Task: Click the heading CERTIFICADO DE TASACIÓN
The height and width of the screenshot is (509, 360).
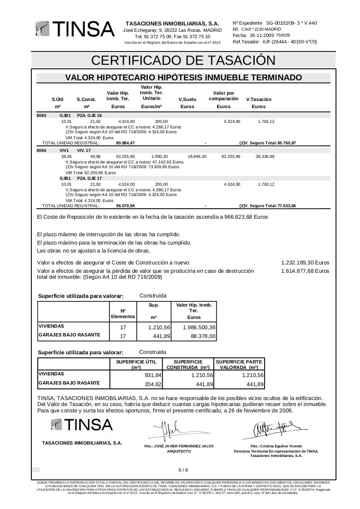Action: (x=183, y=60)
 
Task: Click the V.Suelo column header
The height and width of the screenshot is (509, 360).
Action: (x=187, y=99)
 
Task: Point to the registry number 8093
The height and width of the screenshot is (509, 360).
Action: (x=41, y=115)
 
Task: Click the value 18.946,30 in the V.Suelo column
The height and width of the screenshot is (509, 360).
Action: (x=197, y=157)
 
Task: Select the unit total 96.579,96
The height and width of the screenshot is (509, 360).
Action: (x=125, y=206)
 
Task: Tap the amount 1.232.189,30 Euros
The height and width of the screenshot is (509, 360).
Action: (x=305, y=263)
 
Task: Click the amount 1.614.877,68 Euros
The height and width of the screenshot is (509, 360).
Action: (x=305, y=271)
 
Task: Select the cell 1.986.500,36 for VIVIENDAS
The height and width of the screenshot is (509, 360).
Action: (x=199, y=328)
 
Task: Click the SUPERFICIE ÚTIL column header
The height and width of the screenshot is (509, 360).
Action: (x=136, y=364)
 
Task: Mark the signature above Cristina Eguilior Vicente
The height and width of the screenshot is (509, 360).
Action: (x=274, y=429)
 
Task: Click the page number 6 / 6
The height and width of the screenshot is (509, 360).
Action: (x=183, y=470)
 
